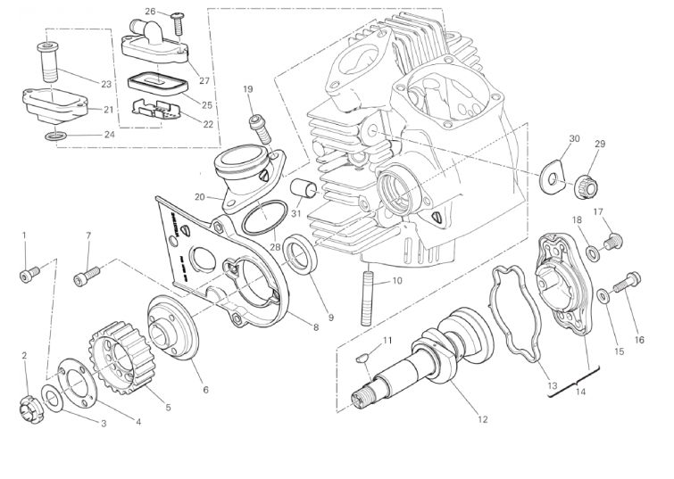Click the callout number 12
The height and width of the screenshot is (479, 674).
click(482, 419)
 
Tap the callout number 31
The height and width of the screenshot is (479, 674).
click(296, 213)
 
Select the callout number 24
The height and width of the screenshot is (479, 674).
click(110, 135)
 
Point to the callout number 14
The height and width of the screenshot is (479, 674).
click(580, 392)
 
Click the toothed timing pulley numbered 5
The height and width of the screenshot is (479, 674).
click(119, 359)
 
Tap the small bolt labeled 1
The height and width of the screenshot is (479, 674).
click(29, 274)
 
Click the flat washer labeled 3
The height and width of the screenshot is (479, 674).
click(51, 399)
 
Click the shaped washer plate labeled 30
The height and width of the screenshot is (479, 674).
click(552, 177)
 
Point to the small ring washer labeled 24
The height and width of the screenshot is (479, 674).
click(55, 136)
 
